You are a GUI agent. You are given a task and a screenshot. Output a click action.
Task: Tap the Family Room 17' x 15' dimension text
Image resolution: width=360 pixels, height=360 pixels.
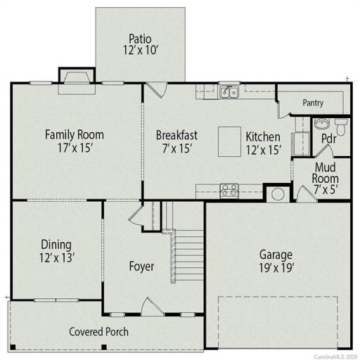(x=74, y=148)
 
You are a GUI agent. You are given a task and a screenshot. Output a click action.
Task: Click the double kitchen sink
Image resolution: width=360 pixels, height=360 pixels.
(x=229, y=91)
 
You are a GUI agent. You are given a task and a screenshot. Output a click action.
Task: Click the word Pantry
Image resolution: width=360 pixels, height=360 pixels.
(x=313, y=103)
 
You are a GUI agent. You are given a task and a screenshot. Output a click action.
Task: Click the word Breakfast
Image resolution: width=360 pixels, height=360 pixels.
(x=176, y=135)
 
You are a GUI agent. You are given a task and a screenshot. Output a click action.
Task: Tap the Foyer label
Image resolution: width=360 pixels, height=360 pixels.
(x=141, y=266)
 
